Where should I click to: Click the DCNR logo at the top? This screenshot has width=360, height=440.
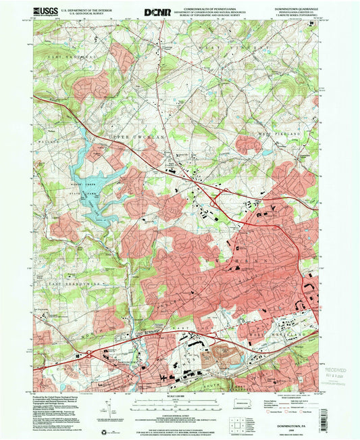157,11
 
